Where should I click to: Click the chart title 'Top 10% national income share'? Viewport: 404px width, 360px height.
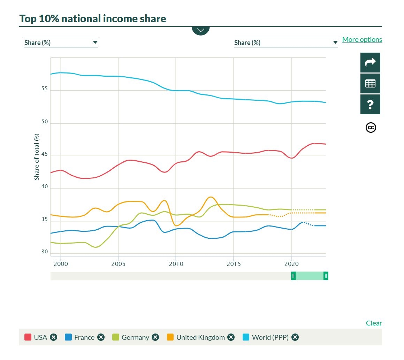[x=93, y=18]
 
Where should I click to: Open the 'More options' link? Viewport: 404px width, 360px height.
[x=362, y=39]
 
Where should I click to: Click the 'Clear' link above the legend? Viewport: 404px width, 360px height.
[x=374, y=323]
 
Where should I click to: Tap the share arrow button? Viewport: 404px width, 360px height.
[x=370, y=63]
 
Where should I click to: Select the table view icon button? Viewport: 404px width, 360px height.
[x=370, y=84]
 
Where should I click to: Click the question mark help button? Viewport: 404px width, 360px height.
[x=370, y=105]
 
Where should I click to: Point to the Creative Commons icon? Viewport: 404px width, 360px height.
[x=371, y=128]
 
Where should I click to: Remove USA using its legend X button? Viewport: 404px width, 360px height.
[x=53, y=337]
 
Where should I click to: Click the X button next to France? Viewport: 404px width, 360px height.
[x=101, y=337]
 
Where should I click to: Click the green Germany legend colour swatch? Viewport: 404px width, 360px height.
[x=116, y=337]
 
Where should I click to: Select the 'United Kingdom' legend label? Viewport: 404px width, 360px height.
[x=200, y=337]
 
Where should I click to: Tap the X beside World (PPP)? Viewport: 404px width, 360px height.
[x=295, y=337]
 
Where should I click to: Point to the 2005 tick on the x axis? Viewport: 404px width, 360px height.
[x=118, y=263]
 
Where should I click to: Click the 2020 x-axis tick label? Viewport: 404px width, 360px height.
[x=291, y=263]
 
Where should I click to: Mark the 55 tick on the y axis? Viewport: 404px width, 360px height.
[x=44, y=89]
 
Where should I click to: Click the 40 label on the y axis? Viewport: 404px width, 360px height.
[x=44, y=187]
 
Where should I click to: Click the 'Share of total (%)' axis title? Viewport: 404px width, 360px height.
[x=37, y=157]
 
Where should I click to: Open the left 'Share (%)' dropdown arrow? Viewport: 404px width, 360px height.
[x=95, y=43]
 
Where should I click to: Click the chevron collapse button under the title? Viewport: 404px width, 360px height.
[x=200, y=30]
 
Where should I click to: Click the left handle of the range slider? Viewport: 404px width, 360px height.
[x=294, y=276]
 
